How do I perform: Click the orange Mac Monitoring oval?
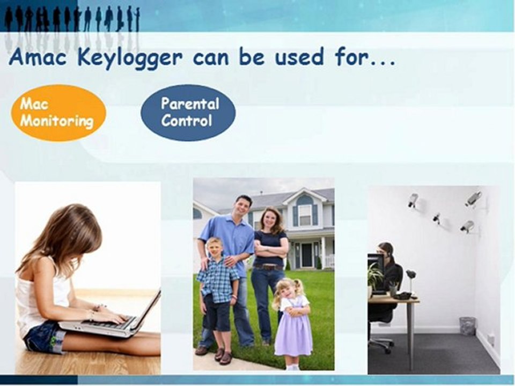(x=58, y=113)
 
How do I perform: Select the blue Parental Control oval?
(x=188, y=112)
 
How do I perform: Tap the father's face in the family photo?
(x=244, y=206)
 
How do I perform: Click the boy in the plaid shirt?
(x=217, y=281)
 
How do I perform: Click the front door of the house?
(x=307, y=255)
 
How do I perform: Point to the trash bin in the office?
(x=467, y=326)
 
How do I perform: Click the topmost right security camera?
(x=473, y=198)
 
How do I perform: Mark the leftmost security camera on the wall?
(x=413, y=201)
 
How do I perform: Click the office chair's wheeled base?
(x=382, y=346)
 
